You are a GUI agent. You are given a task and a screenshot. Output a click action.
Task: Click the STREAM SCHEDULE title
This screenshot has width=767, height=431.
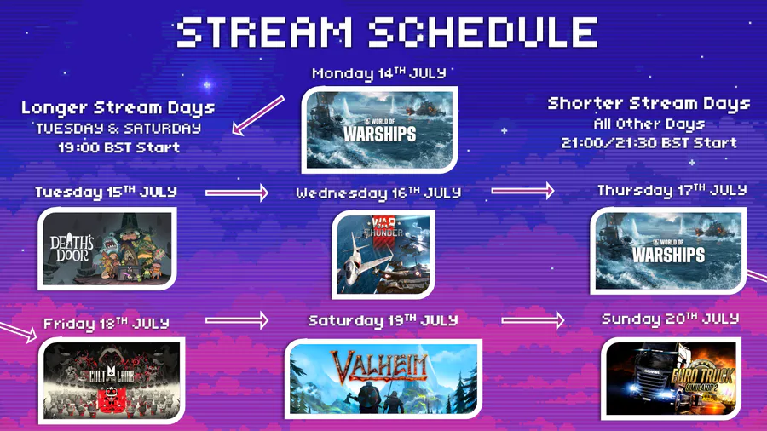pyautogui.click(x=386, y=32)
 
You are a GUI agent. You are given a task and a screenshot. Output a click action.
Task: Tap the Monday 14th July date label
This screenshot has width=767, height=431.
pyautogui.click(x=379, y=74)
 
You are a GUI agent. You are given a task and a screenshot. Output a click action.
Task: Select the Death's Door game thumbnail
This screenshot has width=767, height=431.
pyautogui.click(x=107, y=249)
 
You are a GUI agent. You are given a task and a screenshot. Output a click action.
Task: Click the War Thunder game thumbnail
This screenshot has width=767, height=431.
pyautogui.click(x=383, y=254)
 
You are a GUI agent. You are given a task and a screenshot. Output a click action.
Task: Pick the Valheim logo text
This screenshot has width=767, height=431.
pyautogui.click(x=379, y=366)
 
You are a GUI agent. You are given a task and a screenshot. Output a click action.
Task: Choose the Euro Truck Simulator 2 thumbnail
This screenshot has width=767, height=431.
pyautogui.click(x=672, y=379)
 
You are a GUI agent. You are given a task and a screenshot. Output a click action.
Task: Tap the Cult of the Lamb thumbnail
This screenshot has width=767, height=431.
pyautogui.click(x=112, y=380)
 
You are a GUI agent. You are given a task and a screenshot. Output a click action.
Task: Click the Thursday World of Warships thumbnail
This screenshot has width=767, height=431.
pyautogui.click(x=668, y=250)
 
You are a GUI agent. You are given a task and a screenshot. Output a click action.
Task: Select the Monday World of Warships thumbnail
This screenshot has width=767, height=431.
pyautogui.click(x=379, y=130)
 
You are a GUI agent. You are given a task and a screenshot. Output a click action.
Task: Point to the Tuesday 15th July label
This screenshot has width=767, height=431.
pyautogui.click(x=106, y=192)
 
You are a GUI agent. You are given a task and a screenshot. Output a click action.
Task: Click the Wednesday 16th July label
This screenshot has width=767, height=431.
pyautogui.click(x=378, y=193)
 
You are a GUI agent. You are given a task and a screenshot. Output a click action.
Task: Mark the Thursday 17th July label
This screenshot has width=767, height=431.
pyautogui.click(x=672, y=190)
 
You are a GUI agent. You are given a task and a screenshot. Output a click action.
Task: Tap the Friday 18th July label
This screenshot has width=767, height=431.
pyautogui.click(x=107, y=324)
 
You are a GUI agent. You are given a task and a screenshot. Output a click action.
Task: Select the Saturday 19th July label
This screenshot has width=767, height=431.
pyautogui.click(x=383, y=320)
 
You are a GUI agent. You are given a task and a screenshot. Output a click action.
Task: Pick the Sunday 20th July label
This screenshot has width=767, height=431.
pyautogui.click(x=670, y=319)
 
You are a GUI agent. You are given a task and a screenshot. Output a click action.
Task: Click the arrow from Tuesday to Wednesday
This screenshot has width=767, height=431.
pyautogui.click(x=237, y=193)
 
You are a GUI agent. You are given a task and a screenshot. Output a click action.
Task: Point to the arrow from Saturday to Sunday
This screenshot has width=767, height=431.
pyautogui.click(x=533, y=320)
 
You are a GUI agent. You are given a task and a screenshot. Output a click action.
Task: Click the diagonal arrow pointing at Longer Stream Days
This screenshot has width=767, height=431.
pyautogui.click(x=257, y=115)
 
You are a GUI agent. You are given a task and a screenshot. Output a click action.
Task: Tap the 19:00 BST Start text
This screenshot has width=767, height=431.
pyautogui.click(x=118, y=147)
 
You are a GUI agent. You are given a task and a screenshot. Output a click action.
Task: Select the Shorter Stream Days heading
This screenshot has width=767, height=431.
pyautogui.click(x=649, y=104)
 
